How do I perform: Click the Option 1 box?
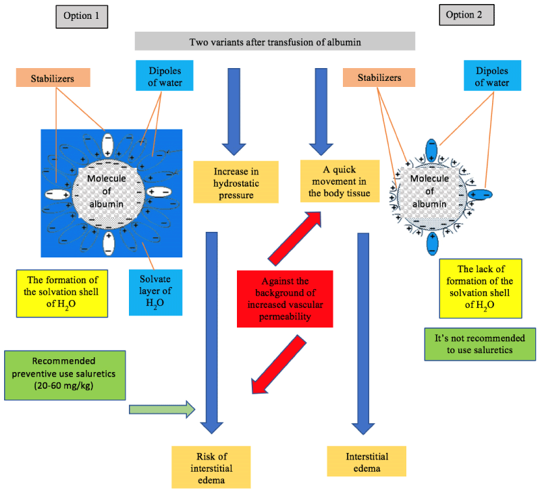pos(82,16)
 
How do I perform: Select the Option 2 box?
pos(466,16)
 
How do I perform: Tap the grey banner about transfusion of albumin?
pos(274,42)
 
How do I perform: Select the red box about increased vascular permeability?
pos(285,299)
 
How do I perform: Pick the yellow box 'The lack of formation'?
pos(481,288)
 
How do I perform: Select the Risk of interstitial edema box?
pos(211,466)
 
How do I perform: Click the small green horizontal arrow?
pos(162,409)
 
